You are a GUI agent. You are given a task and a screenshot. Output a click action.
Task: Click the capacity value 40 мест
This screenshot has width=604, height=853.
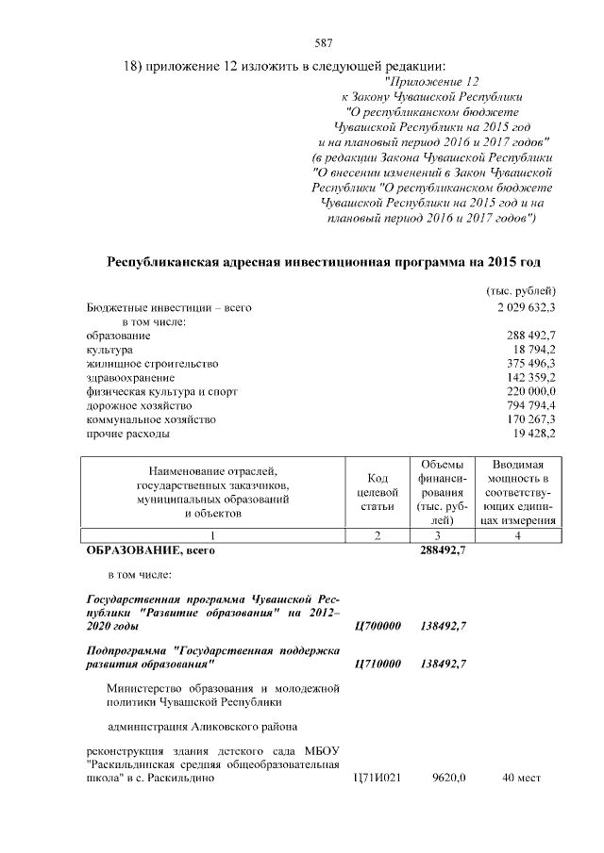pyautogui.click(x=520, y=779)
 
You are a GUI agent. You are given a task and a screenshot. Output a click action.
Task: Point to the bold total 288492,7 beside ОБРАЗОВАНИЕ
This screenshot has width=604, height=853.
pyautogui.click(x=443, y=550)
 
